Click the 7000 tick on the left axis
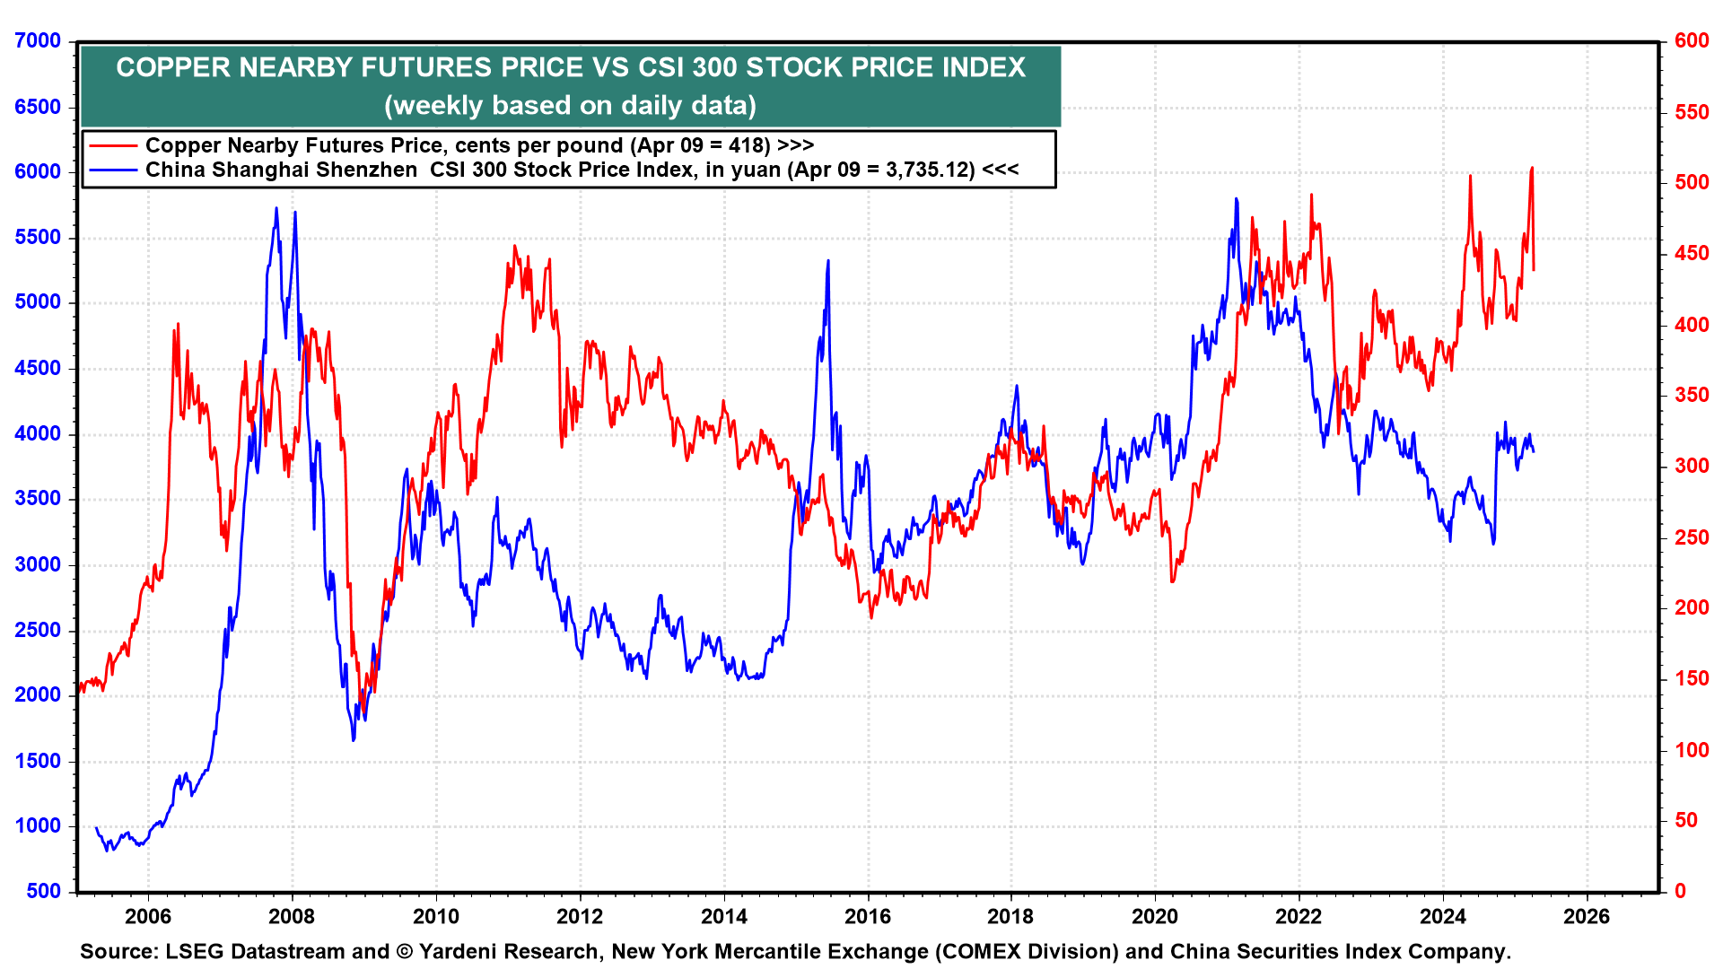pyautogui.click(x=38, y=41)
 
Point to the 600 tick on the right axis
pyautogui.click(x=1691, y=41)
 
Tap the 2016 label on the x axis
pyautogui.click(x=868, y=917)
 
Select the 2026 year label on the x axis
pyautogui.click(x=1587, y=917)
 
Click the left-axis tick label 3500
pyautogui.click(x=38, y=499)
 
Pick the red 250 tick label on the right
pyautogui.click(x=1691, y=537)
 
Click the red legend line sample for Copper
pyautogui.click(x=112, y=146)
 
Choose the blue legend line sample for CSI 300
pyautogui.click(x=112, y=170)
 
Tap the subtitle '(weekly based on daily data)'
pyautogui.click(x=571, y=106)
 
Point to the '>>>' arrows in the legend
pyautogui.click(x=796, y=146)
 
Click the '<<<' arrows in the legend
pyautogui.click(x=1001, y=170)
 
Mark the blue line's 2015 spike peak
pyautogui.click(x=827, y=261)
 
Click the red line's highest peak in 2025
pyautogui.click(x=1532, y=168)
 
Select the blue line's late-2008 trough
pyautogui.click(x=354, y=739)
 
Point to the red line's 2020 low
pyautogui.click(x=1172, y=581)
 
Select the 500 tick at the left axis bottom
pyautogui.click(x=44, y=892)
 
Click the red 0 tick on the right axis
pyautogui.click(x=1680, y=892)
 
